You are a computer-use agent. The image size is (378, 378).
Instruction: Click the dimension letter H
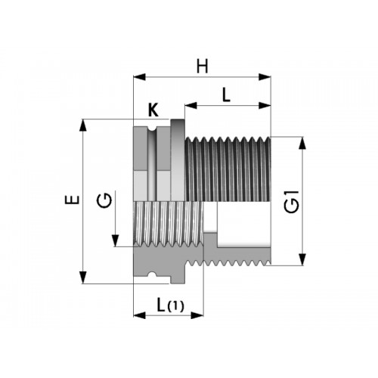203,67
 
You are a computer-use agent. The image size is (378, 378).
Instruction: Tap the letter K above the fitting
153,110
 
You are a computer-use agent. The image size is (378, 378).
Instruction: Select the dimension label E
73,200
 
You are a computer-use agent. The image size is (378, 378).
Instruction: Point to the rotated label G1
292,202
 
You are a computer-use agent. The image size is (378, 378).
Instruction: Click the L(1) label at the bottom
170,305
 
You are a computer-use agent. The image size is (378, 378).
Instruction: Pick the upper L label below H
226,95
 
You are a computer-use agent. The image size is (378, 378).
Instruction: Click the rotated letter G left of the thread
104,200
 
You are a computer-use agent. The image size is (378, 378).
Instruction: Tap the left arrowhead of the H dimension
139,77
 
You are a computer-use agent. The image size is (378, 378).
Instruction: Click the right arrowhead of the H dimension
265,77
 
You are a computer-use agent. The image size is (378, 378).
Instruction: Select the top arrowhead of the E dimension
83,125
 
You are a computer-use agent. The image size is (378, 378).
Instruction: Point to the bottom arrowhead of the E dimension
83,277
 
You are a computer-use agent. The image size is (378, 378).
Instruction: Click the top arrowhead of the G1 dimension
302,143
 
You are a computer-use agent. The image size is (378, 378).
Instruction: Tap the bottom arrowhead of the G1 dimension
302,259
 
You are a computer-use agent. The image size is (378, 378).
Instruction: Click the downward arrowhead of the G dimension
116,240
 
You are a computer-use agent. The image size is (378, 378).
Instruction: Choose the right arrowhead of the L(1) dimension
197,315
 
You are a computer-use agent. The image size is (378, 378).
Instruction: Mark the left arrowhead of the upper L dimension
191,106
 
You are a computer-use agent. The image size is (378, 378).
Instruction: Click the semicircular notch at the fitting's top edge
152,129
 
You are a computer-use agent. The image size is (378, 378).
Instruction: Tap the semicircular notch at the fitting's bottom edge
152,274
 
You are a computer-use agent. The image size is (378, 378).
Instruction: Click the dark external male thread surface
228,169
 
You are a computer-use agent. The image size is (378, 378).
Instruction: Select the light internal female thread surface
168,225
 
